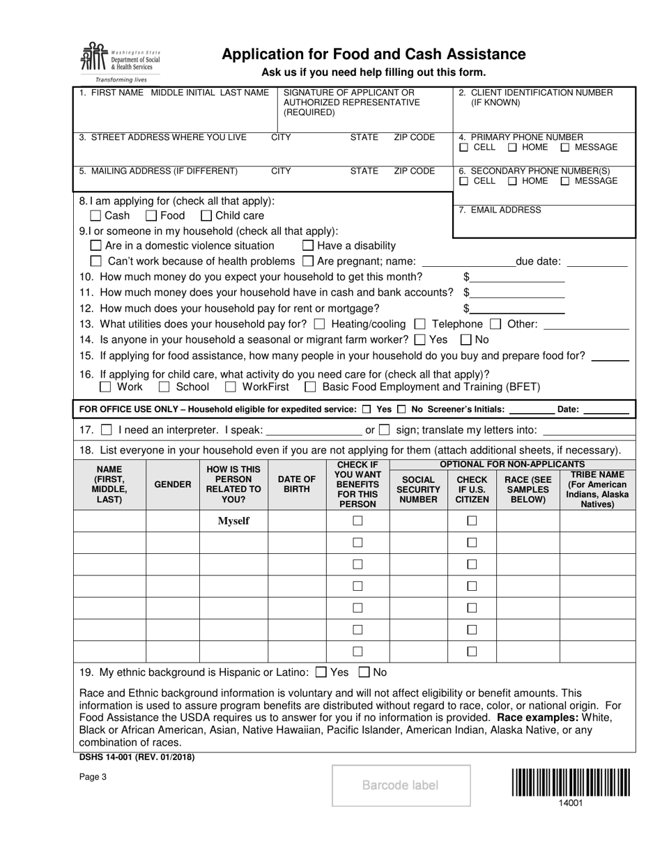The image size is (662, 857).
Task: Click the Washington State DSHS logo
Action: (x=120, y=61)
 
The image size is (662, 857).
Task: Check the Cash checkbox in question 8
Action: (x=96, y=216)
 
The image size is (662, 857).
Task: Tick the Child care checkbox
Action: (x=206, y=216)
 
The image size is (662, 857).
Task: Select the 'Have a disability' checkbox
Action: (x=308, y=245)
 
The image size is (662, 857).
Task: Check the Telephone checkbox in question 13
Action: (x=419, y=324)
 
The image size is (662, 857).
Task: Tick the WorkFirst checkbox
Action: (x=230, y=387)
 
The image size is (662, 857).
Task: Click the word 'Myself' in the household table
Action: (x=233, y=521)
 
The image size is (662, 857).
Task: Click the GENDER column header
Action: (x=172, y=484)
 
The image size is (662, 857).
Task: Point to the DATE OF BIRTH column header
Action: (x=297, y=484)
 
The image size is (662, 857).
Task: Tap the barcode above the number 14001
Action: (x=571, y=782)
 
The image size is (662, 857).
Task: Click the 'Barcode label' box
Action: (x=401, y=785)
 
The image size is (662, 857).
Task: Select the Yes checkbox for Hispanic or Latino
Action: (x=321, y=672)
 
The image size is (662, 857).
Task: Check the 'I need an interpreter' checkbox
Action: (x=106, y=430)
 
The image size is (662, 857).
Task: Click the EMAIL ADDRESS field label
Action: (x=500, y=210)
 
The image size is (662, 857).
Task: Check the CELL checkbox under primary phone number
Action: (x=464, y=148)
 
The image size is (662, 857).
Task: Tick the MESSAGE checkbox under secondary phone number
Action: (x=565, y=181)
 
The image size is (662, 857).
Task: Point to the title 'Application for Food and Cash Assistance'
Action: (x=374, y=54)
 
